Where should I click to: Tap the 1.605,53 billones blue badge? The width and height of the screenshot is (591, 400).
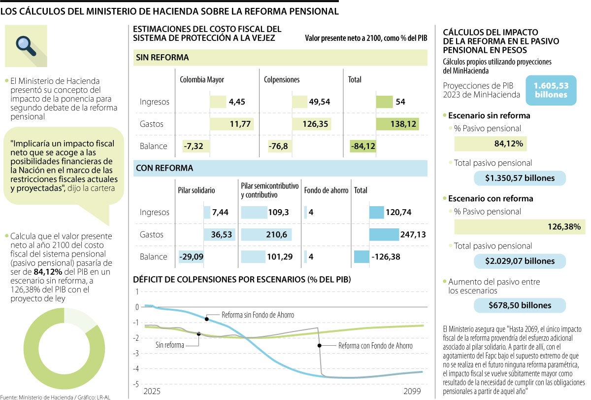pos(551,90)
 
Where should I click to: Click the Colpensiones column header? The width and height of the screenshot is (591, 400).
pos(281,79)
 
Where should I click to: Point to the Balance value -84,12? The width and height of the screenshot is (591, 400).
pos(363,146)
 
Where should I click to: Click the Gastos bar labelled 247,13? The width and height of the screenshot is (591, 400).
pos(384,235)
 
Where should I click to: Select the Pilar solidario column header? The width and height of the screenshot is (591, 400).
pos(197,190)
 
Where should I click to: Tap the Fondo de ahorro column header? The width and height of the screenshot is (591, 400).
pos(326,190)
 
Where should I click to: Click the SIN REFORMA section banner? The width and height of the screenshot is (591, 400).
pos(280,58)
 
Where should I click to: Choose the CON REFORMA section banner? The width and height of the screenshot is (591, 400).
pos(280,168)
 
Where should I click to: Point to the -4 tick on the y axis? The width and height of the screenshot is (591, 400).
pos(137,368)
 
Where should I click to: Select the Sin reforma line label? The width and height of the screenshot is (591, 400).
pos(169,345)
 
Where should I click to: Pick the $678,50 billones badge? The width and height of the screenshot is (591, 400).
pos(520,305)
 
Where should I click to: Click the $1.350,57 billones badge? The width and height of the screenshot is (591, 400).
pos(520,178)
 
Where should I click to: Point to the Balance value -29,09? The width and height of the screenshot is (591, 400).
pos(192,257)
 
